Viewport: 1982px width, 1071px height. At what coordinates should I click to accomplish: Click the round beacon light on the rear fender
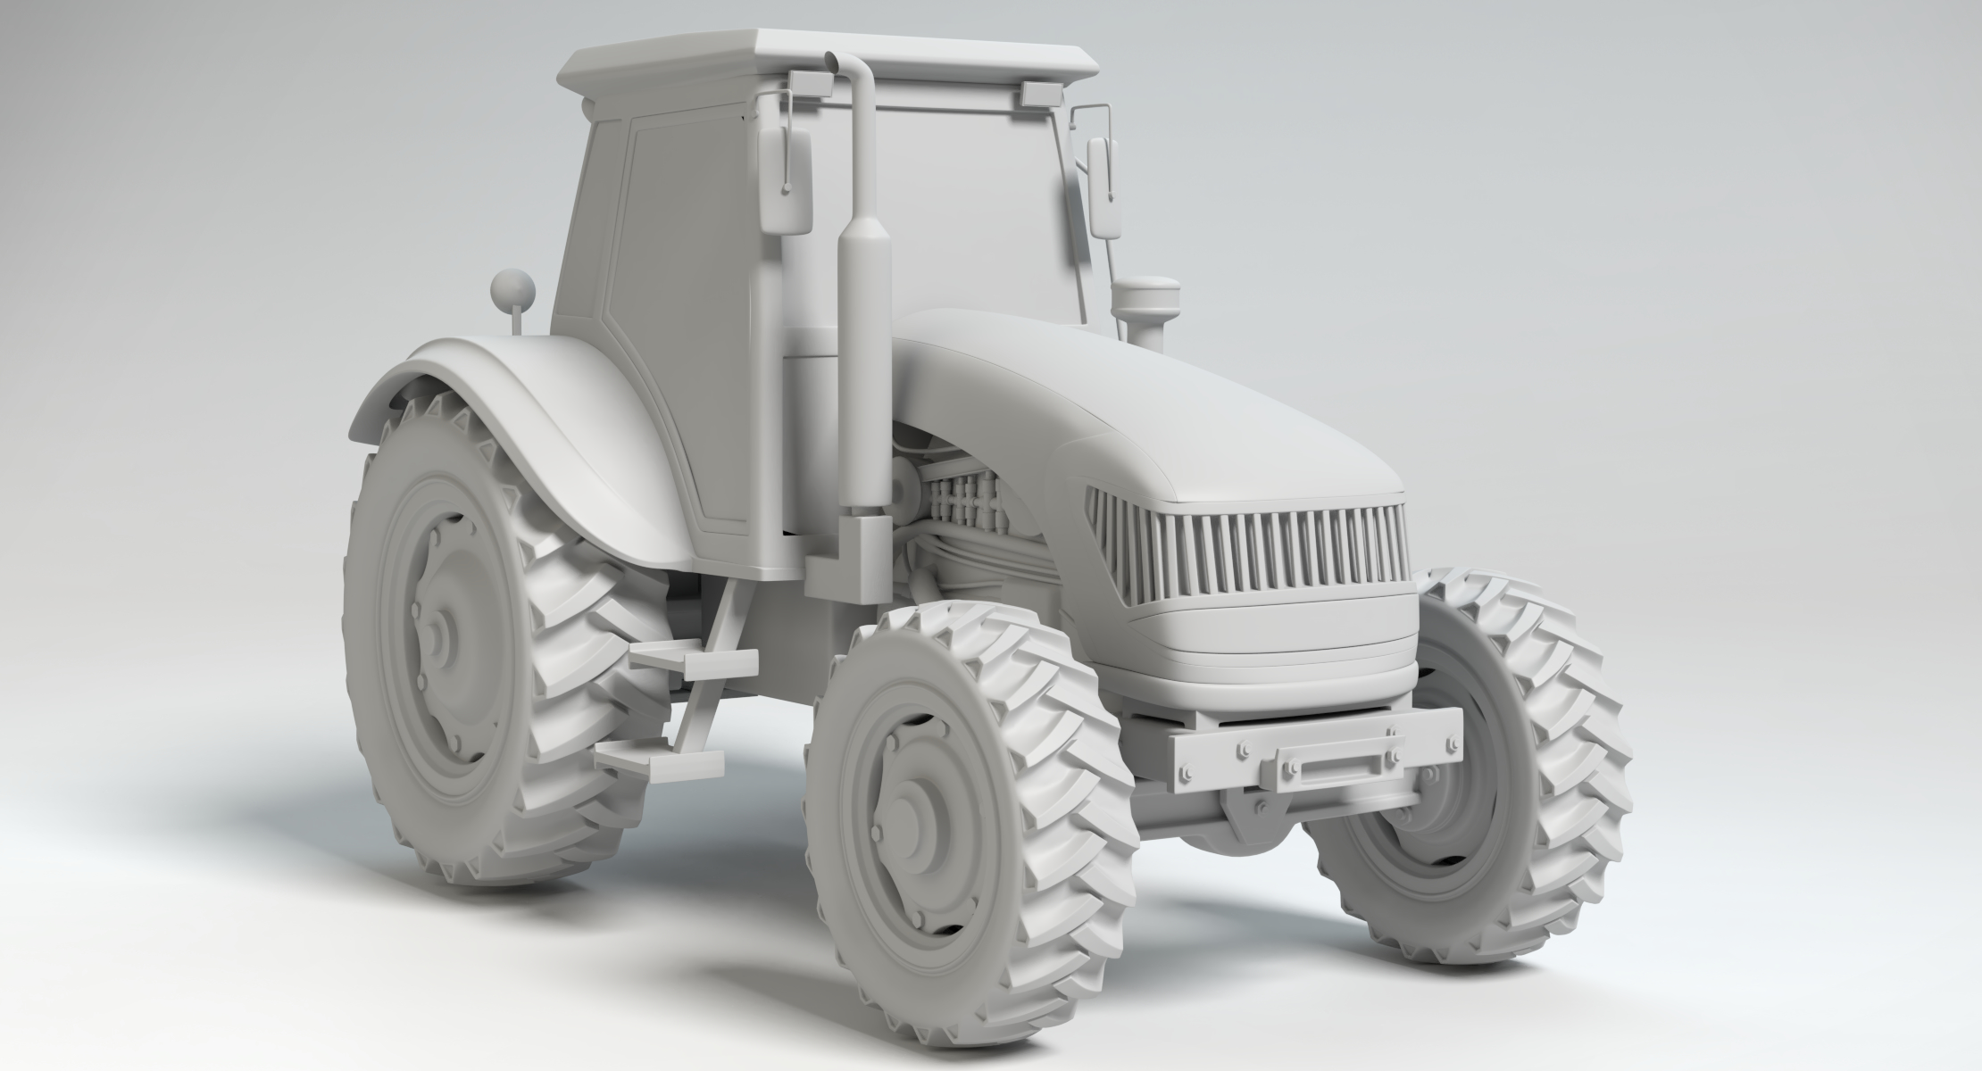(x=512, y=289)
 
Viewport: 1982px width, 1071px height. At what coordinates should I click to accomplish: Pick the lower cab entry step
(x=661, y=759)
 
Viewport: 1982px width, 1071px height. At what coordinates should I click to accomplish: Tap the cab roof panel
(x=830, y=54)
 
